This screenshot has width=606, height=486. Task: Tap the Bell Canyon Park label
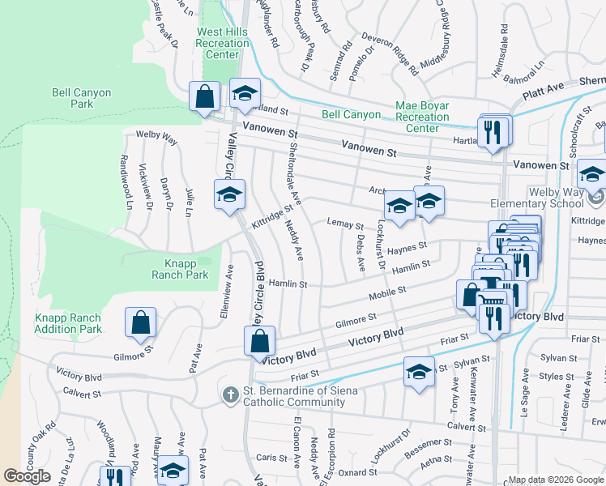pyautogui.click(x=81, y=98)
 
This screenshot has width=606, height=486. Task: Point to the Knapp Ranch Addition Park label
pyautogui.click(x=68, y=323)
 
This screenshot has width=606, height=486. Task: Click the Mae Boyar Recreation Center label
pyautogui.click(x=422, y=117)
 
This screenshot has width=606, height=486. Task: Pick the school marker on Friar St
pyautogui.click(x=419, y=372)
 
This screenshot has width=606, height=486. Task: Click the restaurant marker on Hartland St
pyautogui.click(x=493, y=131)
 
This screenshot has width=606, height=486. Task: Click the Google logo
pyautogui.click(x=28, y=476)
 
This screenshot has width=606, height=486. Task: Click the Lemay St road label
pyautogui.click(x=344, y=223)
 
